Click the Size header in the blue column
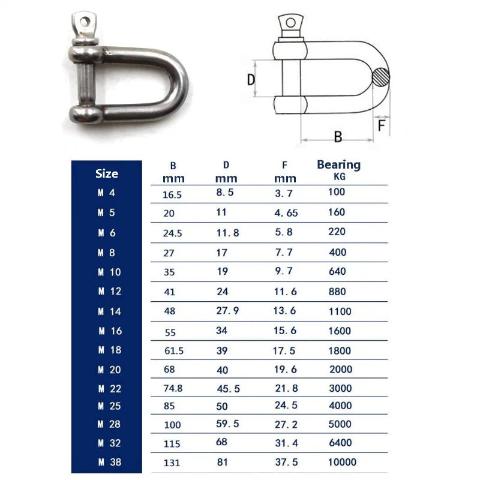pyautogui.click(x=107, y=174)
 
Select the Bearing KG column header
pyautogui.click(x=338, y=169)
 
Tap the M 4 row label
pyautogui.click(x=107, y=193)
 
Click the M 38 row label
pyautogui.click(x=109, y=462)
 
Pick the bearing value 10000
pyautogui.click(x=342, y=462)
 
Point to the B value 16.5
pyautogui.click(x=172, y=194)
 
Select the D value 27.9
pyautogui.click(x=227, y=311)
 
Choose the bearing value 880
pyautogui.click(x=338, y=291)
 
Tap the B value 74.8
pyautogui.click(x=172, y=388)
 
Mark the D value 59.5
pyautogui.click(x=227, y=424)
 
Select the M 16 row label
pyautogui.click(x=109, y=331)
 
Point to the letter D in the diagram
pyautogui.click(x=251, y=79)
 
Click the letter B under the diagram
pyautogui.click(x=338, y=136)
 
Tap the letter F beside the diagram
pyautogui.click(x=382, y=126)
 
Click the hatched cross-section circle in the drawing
pyautogui.click(x=380, y=77)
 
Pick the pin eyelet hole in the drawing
pyautogui.click(x=291, y=23)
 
